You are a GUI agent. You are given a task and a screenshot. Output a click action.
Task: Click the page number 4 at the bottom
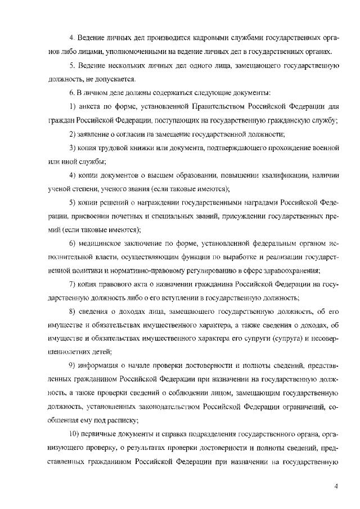pyautogui.click(x=335, y=487)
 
